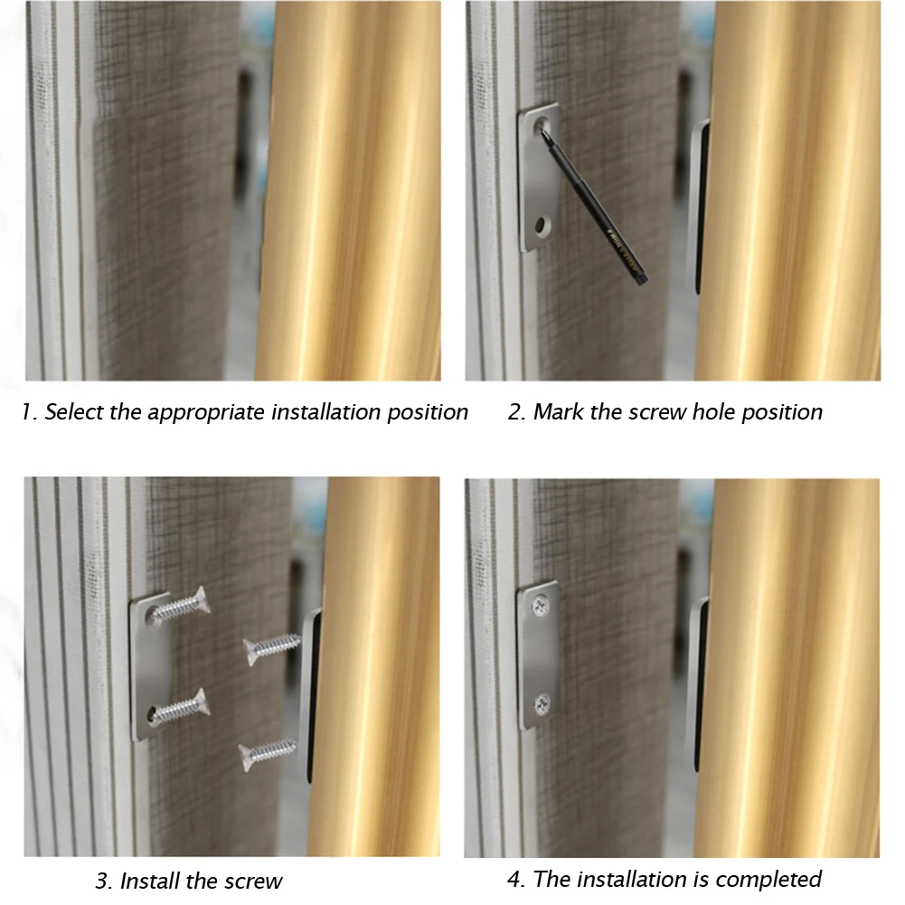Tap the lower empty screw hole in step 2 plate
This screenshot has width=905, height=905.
[542, 225]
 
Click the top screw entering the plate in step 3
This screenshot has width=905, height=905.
[178, 606]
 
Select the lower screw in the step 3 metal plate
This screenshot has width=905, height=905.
[178, 706]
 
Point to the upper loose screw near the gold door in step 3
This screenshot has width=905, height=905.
[272, 648]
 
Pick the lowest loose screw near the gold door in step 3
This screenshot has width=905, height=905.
[268, 754]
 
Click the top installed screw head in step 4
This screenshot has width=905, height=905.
[541, 606]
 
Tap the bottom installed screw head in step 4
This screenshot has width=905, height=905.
[542, 704]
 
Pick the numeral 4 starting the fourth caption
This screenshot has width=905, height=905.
[514, 879]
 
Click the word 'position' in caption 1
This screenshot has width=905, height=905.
[427, 412]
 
